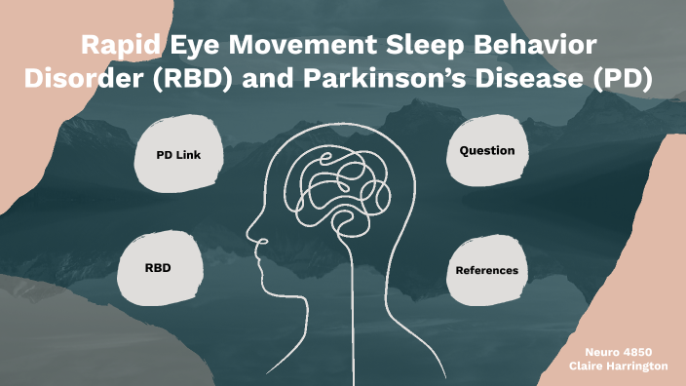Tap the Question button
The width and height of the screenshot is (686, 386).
[487, 151]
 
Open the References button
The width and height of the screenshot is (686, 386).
[486, 269]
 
